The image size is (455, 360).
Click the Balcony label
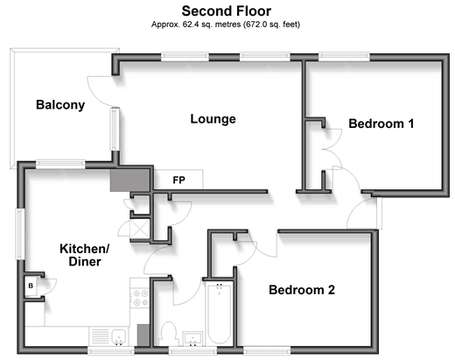(x=60, y=105)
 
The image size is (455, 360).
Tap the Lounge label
(x=213, y=119)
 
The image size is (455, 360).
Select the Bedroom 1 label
(x=381, y=124)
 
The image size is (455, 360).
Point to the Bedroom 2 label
(x=302, y=290)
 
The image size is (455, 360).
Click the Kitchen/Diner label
(x=85, y=255)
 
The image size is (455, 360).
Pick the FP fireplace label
(x=178, y=180)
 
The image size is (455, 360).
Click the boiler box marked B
(x=31, y=286)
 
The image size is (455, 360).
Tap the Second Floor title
(x=227, y=11)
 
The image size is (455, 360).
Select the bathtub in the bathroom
(x=220, y=314)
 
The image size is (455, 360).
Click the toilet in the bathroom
(x=169, y=334)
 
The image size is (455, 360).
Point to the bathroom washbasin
(x=192, y=339)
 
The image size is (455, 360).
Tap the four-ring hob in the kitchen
(x=140, y=298)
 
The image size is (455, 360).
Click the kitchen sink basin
(x=119, y=336)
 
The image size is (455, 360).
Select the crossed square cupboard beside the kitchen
(x=140, y=229)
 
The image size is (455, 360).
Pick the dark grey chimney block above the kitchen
(x=130, y=180)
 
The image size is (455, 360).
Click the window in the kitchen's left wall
(x=20, y=234)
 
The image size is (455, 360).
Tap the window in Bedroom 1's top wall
(x=344, y=56)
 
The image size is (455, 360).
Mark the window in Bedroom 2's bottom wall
(x=267, y=350)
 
